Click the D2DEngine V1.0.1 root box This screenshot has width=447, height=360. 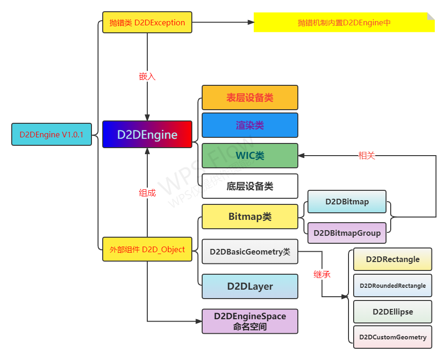coord(52,135)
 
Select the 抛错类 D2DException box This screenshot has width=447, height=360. coord(147,22)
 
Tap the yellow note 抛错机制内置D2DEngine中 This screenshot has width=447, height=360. coord(344,22)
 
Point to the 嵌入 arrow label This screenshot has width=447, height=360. coord(147,76)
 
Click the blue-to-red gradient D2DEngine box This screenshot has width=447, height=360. coord(147,135)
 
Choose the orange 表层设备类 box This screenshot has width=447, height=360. coord(250,97)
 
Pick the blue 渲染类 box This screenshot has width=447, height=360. coord(250,125)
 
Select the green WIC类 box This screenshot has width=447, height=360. coord(250,156)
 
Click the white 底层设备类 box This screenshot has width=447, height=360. coord(250,186)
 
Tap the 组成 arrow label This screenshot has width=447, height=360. coord(147,193)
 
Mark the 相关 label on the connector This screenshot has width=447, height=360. coord(366,156)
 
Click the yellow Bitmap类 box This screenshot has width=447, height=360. coord(250,217)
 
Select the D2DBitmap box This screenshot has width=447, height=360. coord(347,202)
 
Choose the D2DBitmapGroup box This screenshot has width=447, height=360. coord(347,233)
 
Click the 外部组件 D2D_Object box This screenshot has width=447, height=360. coord(147,249)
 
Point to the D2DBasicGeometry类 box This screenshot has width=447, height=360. coord(250,252)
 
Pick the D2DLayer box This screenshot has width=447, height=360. coord(250,286)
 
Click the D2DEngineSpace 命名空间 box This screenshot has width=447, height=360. coord(250,321)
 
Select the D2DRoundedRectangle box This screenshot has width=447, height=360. coord(393,285)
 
